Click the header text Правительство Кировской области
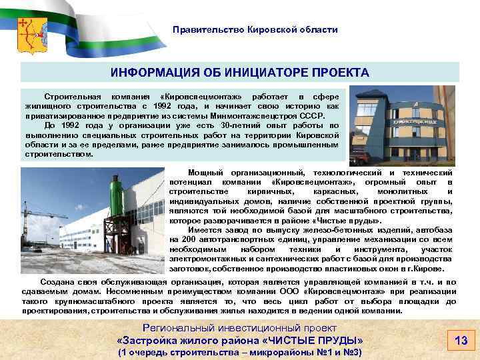point(255,30)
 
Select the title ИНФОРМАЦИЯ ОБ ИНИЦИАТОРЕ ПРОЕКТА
point(239,72)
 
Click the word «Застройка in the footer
point(142,340)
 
